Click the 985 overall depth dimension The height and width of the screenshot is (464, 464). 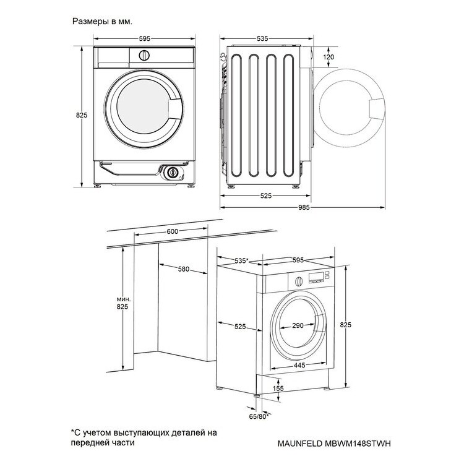tap(304, 207)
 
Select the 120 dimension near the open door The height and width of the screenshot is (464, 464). tap(329, 57)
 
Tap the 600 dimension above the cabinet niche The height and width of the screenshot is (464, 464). tap(173, 231)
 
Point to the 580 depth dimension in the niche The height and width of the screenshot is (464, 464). tap(183, 269)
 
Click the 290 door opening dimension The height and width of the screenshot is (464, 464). tap(298, 325)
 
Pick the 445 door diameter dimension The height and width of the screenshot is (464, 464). tap(299, 365)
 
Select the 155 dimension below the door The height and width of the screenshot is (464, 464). tap(278, 389)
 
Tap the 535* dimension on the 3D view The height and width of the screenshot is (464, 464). tap(240, 260)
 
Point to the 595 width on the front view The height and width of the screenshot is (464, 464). tap(144, 38)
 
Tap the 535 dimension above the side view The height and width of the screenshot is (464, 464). tap(262, 38)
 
